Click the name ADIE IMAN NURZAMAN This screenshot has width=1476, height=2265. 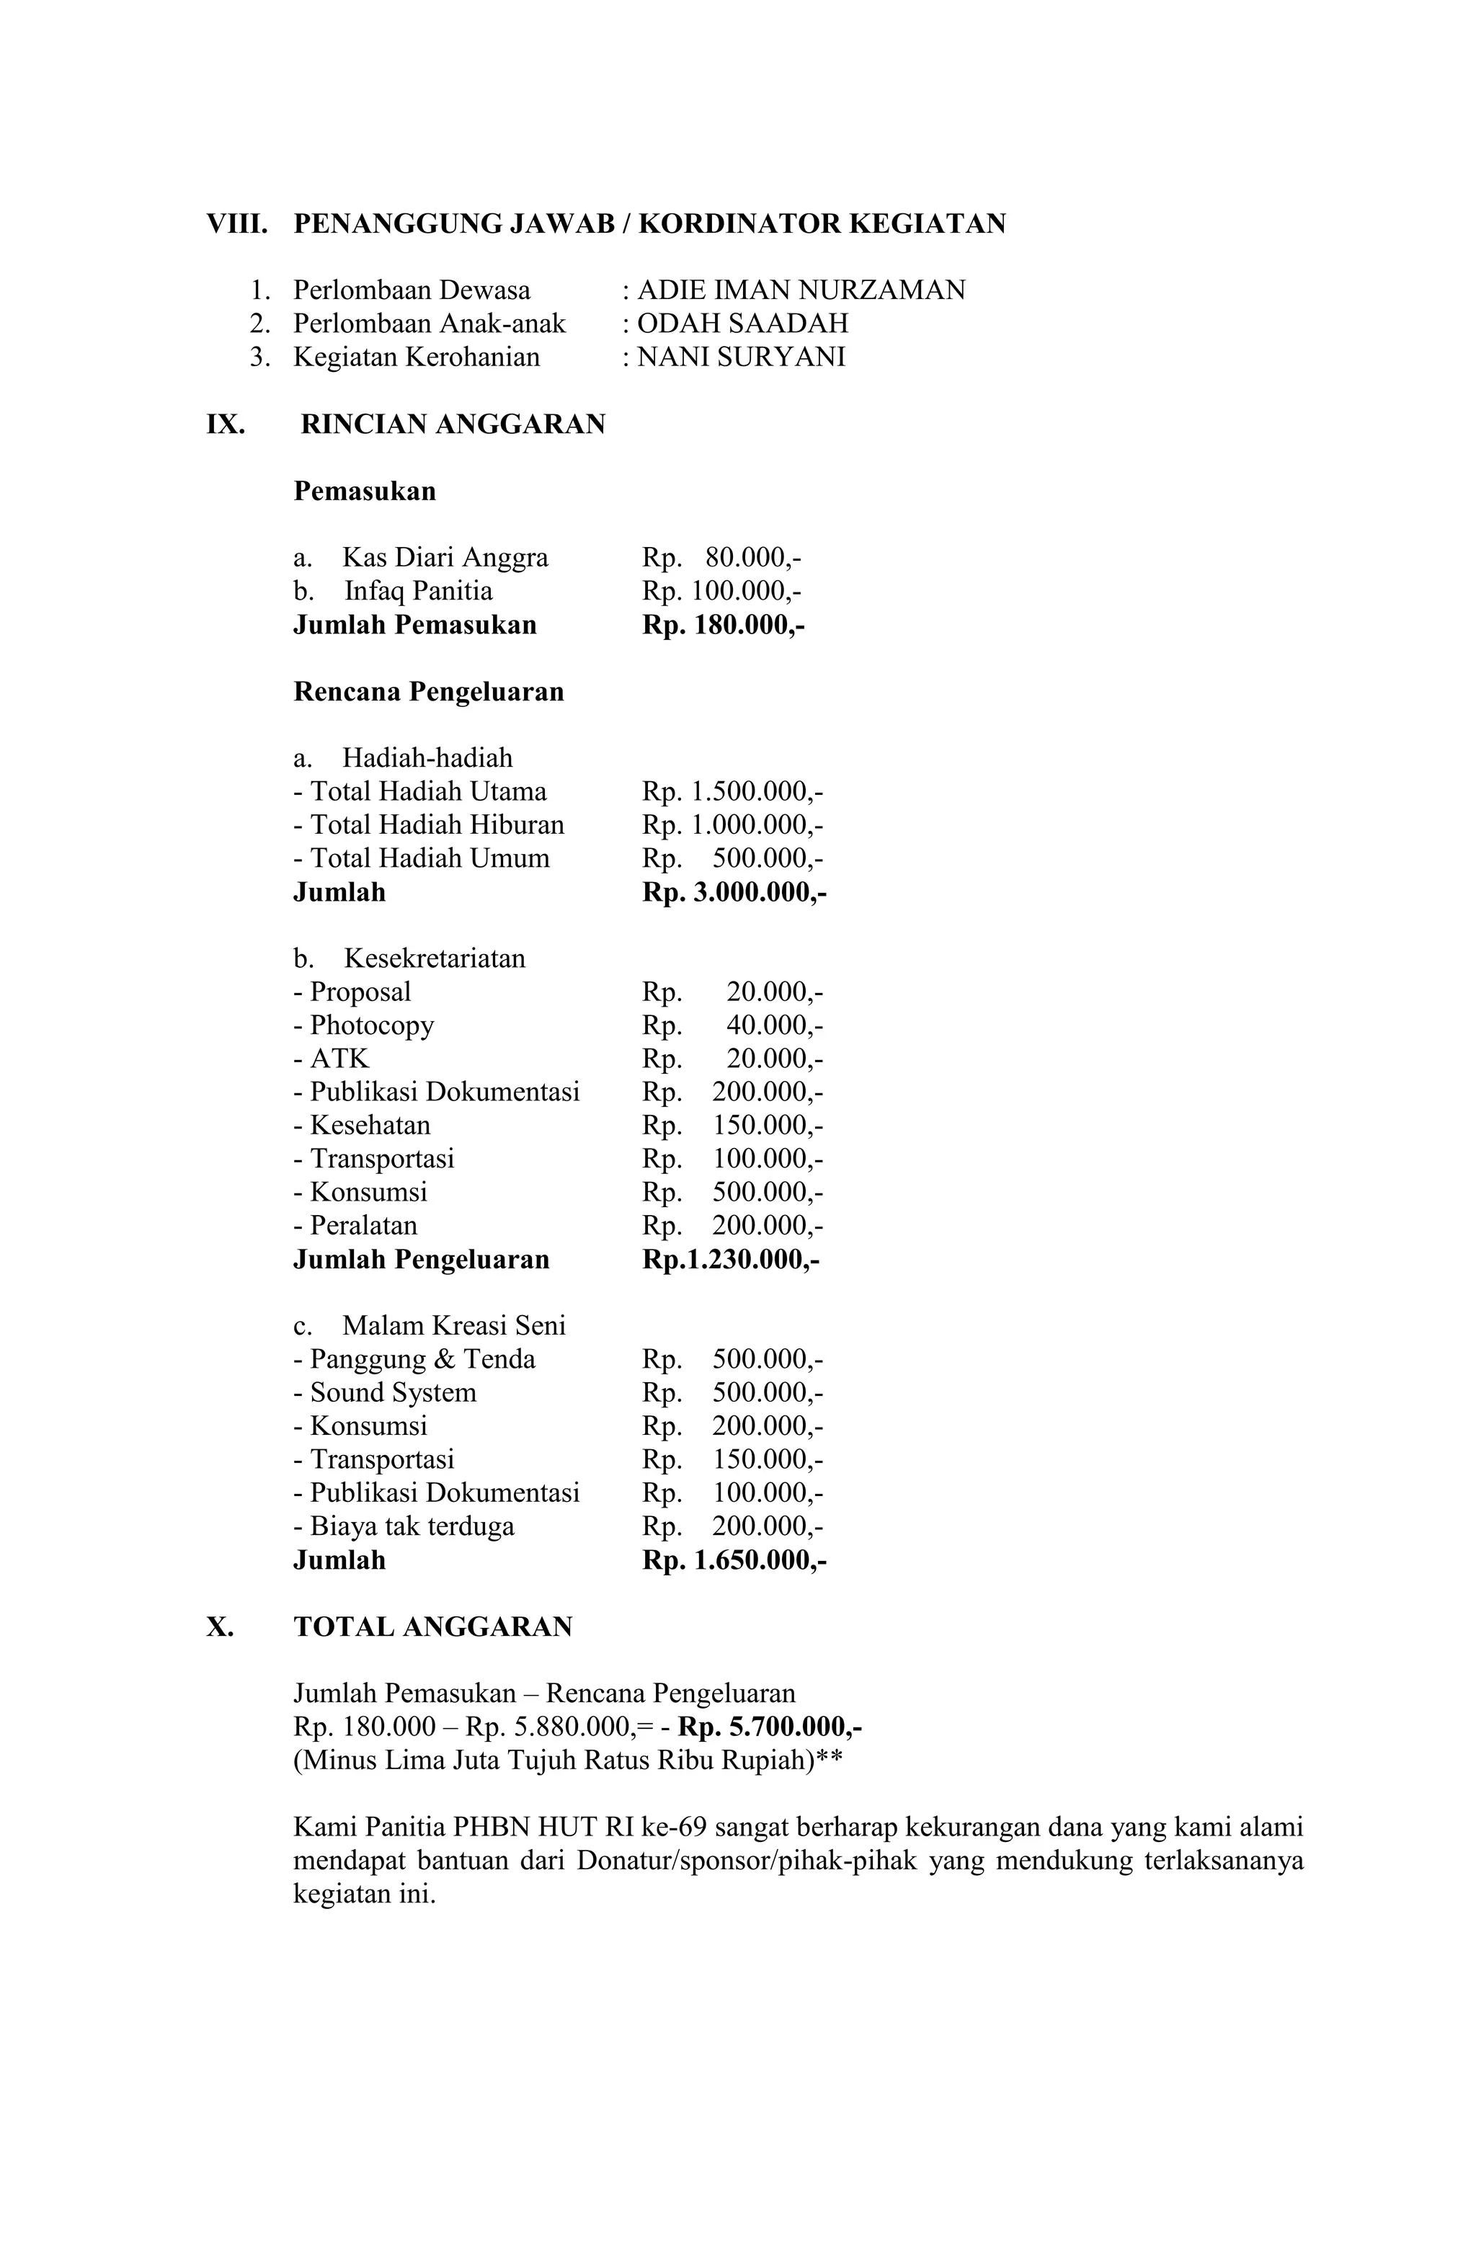point(800,290)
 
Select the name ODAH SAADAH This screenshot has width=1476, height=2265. point(742,324)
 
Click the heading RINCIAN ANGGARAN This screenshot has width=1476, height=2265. point(453,424)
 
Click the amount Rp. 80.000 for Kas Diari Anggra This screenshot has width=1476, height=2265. point(722,558)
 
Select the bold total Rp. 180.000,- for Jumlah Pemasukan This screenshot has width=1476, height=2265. point(724,626)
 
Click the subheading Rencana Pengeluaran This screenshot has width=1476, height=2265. point(428,692)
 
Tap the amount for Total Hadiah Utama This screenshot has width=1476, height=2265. point(732,792)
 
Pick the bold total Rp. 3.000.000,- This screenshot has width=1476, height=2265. point(734,893)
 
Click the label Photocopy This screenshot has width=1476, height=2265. point(371,1026)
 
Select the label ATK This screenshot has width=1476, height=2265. point(339,1059)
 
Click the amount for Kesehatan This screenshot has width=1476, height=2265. point(732,1126)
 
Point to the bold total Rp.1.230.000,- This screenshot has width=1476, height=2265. point(731,1260)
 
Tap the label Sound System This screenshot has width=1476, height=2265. point(392,1393)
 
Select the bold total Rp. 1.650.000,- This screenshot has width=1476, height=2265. point(734,1561)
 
